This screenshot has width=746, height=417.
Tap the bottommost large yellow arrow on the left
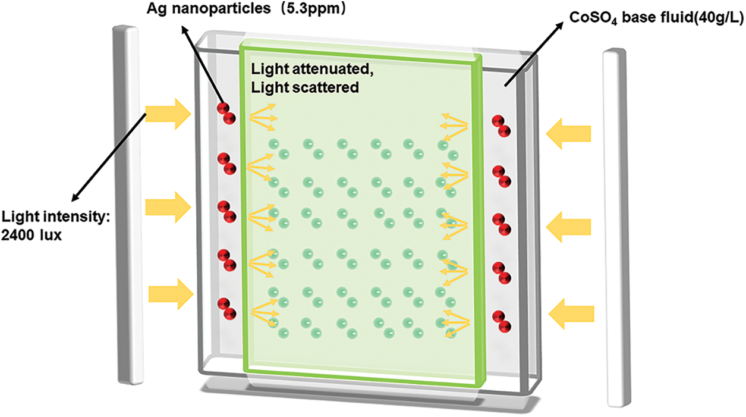(171, 293)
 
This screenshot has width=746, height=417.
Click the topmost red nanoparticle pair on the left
(226, 112)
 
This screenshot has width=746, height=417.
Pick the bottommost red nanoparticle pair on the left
(226, 308)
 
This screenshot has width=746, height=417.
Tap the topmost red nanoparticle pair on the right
(501, 126)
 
